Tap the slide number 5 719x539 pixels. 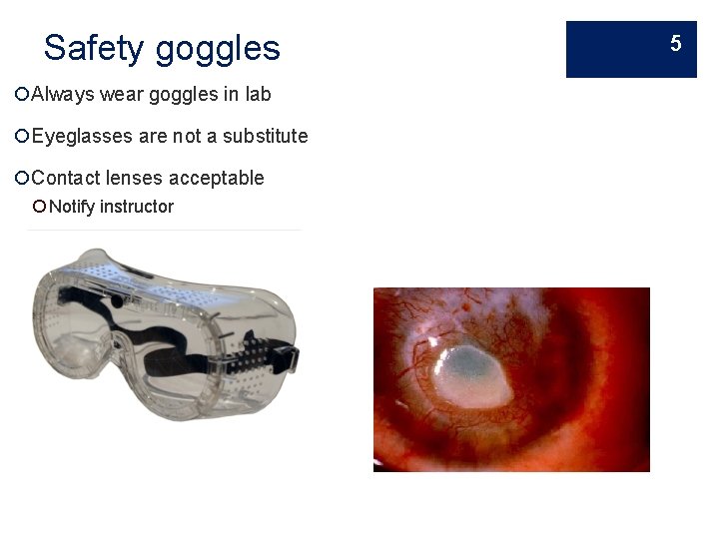(676, 43)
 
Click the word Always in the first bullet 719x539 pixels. (63, 94)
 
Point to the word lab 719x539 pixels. (258, 94)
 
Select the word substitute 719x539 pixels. (265, 136)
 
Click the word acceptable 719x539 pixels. (217, 179)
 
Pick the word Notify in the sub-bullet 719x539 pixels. (71, 207)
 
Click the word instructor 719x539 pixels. (137, 207)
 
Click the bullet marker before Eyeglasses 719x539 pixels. (22, 136)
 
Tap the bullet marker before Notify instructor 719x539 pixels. (39, 207)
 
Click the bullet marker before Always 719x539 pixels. (22, 94)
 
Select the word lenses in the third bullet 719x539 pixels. (135, 178)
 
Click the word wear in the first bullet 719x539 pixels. (120, 95)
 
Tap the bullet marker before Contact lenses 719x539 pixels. (22, 178)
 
